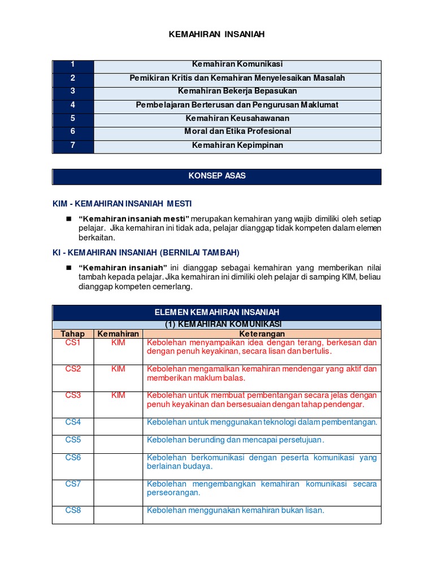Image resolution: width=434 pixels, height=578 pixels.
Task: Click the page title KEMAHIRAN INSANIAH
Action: tap(217, 34)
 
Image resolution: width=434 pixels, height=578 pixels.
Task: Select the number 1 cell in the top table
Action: tap(73, 64)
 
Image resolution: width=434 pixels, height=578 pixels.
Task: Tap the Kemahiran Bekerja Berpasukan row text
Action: tap(237, 91)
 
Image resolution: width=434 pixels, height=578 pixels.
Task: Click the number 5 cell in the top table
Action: tap(73, 118)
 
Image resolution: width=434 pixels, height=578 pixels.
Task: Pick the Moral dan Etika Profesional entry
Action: tap(237, 131)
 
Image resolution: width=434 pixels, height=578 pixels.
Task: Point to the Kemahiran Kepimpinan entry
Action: tap(237, 145)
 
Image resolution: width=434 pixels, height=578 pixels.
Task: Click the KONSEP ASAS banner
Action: tap(217, 176)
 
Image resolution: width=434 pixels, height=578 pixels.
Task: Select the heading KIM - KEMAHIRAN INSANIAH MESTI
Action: tap(123, 203)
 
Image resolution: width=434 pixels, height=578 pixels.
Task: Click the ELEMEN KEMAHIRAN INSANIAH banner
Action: tap(217, 312)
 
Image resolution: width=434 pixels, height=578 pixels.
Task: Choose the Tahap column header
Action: tap(73, 334)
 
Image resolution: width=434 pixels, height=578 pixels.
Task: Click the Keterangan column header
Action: tap(262, 334)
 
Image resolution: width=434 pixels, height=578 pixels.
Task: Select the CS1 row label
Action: tap(73, 343)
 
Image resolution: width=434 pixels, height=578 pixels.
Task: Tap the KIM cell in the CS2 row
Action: tap(118, 369)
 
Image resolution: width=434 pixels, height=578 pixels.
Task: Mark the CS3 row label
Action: tap(73, 396)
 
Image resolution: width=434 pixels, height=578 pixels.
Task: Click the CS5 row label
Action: tap(73, 440)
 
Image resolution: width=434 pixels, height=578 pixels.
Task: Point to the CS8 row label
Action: tap(73, 510)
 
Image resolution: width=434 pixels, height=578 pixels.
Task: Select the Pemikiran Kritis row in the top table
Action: tap(237, 78)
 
